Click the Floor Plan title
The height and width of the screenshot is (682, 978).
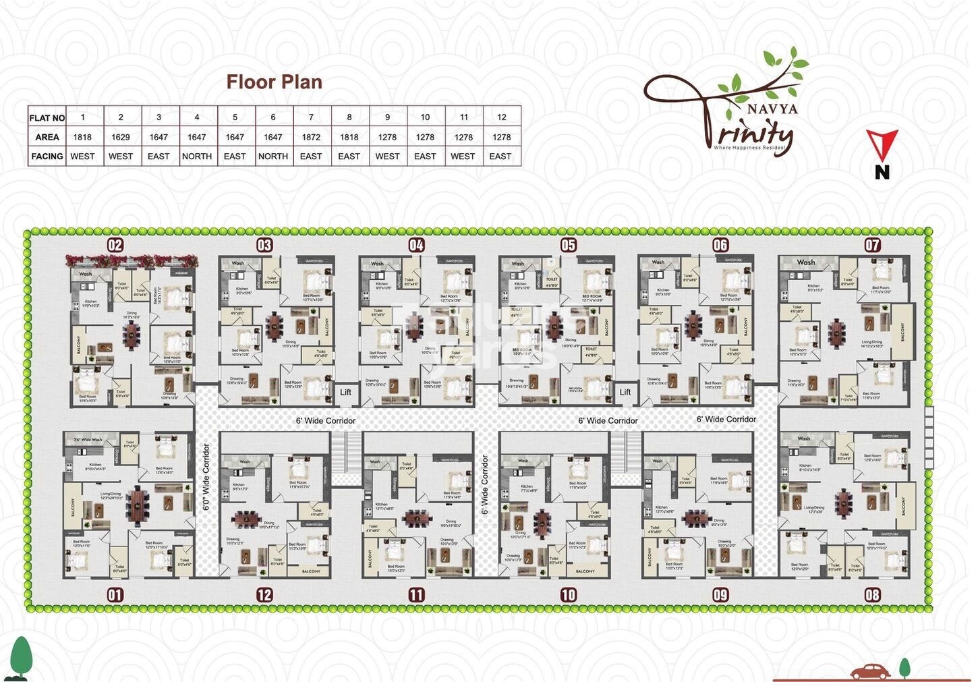pyautogui.click(x=274, y=82)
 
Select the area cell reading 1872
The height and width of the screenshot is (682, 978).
pyautogui.click(x=311, y=137)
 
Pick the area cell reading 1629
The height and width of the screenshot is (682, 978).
pyautogui.click(x=121, y=137)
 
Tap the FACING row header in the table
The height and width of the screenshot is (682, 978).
pyautogui.click(x=47, y=156)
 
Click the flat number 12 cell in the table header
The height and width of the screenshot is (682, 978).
pyautogui.click(x=501, y=117)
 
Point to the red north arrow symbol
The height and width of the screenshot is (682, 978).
pyautogui.click(x=882, y=144)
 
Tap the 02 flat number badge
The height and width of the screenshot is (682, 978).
pyautogui.click(x=115, y=244)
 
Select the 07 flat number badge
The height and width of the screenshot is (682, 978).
pyautogui.click(x=873, y=244)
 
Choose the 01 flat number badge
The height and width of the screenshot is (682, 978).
pyautogui.click(x=115, y=594)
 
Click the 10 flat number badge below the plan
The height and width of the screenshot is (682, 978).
pyautogui.click(x=569, y=594)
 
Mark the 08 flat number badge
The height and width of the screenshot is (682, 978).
pyautogui.click(x=873, y=594)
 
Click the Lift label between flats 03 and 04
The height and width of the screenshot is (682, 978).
pyautogui.click(x=345, y=392)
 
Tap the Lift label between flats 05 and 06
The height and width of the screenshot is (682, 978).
pyautogui.click(x=625, y=392)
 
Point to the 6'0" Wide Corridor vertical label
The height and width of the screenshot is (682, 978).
pyautogui.click(x=207, y=476)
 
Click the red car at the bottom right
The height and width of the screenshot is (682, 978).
pyautogui.click(x=869, y=672)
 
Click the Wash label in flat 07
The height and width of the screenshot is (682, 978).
pyautogui.click(x=806, y=262)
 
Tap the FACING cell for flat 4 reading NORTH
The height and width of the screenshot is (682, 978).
pyautogui.click(x=197, y=156)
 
